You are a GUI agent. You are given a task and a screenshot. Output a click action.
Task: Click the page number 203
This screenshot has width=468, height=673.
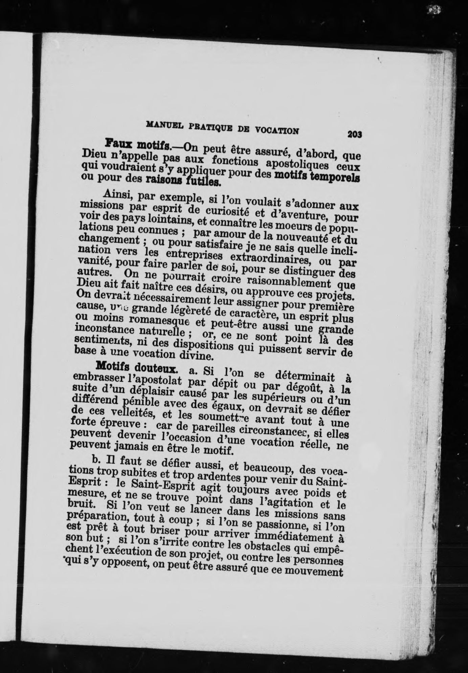click(355, 134)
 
